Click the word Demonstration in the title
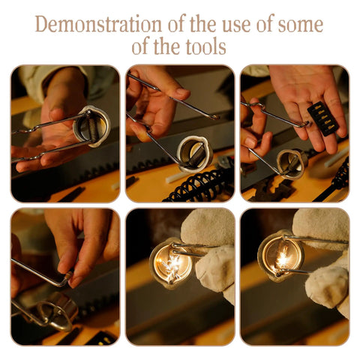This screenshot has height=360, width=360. (99, 24)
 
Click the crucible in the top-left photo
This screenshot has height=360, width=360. (91, 126)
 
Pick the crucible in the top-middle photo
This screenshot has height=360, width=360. (194, 154)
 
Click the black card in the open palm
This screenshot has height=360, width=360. (323, 118)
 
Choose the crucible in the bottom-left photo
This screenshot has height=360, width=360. (56, 310)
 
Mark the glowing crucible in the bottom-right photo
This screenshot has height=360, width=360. (281, 256)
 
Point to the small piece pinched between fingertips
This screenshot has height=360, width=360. (68, 275)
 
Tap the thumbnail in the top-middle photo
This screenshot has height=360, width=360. (182, 92)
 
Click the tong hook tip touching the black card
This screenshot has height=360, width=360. (306, 123)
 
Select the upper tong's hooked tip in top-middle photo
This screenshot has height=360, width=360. (214, 116)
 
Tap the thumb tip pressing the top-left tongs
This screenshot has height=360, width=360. (55, 115)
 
